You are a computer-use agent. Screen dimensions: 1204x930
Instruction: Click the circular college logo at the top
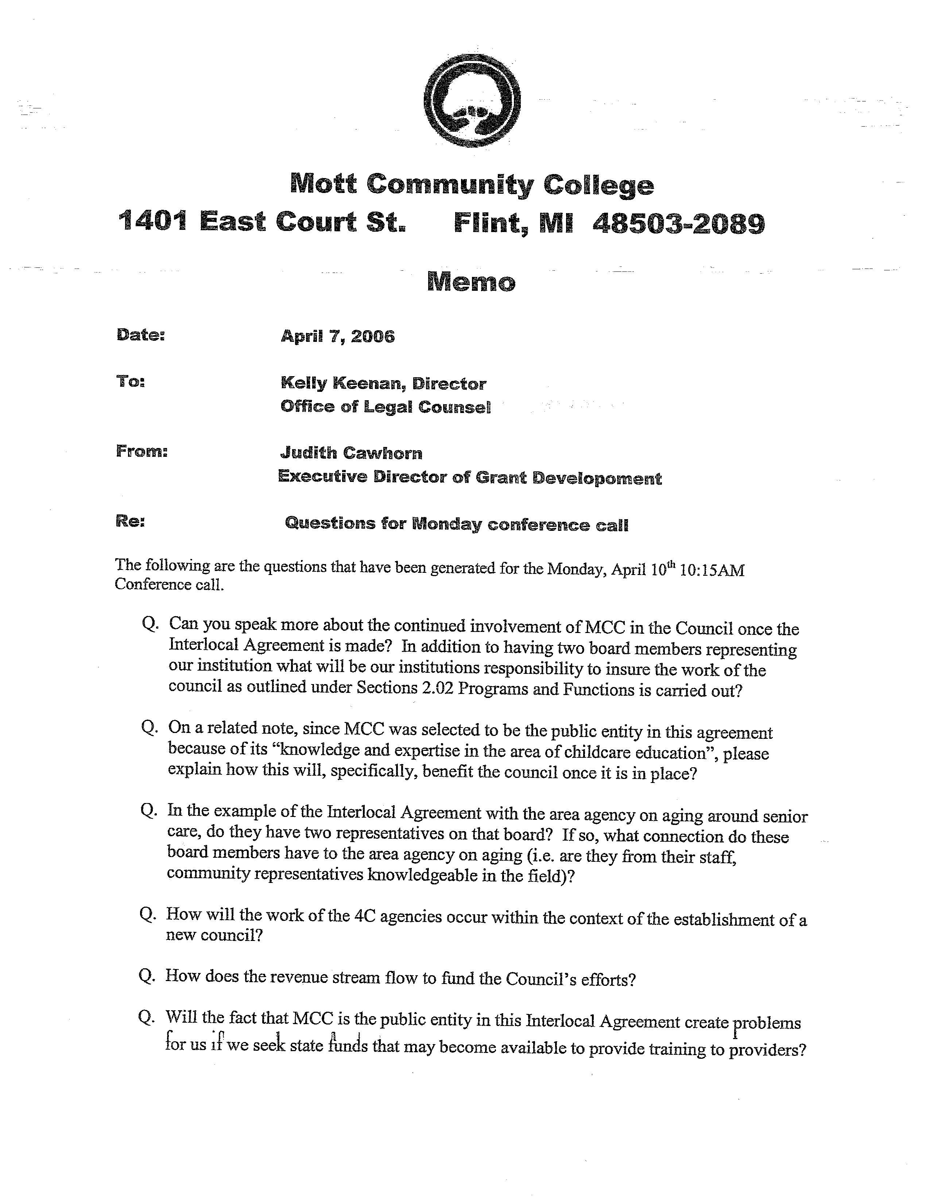[472, 101]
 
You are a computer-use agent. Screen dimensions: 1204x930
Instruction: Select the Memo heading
[471, 282]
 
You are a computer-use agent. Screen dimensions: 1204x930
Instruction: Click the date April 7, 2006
[338, 336]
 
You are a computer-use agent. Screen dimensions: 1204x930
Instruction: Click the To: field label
[131, 381]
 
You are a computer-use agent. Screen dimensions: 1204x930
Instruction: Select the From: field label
[142, 452]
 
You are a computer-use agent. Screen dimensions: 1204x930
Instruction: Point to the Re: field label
[131, 521]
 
